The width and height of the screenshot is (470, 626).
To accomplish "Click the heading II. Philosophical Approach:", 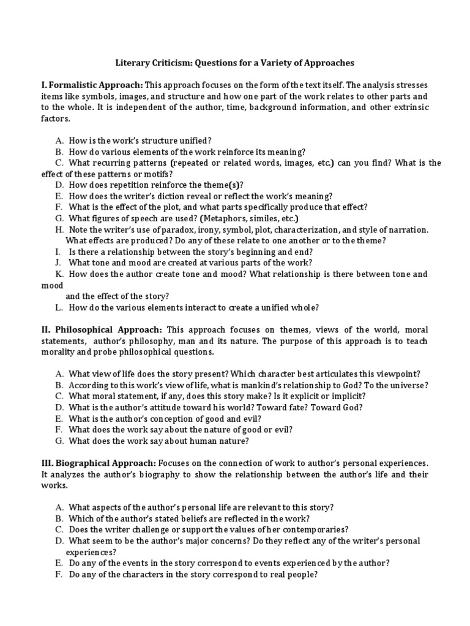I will tap(102, 329).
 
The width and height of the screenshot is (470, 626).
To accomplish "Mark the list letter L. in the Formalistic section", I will tap(59, 307).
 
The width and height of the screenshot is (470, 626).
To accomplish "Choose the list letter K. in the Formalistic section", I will tap(59, 274).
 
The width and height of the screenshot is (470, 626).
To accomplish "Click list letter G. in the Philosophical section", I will tap(59, 440).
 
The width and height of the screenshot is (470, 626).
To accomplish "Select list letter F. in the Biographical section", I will tap(59, 575).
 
